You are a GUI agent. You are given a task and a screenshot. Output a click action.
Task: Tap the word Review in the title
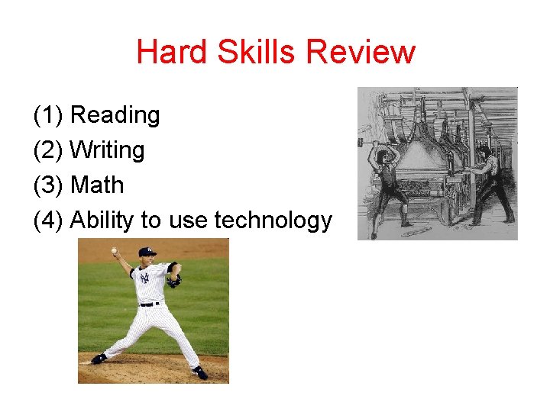coord(361,52)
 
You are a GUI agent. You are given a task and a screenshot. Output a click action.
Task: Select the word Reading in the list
coord(115,115)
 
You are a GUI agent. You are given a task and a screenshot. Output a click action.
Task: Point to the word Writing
coord(107,150)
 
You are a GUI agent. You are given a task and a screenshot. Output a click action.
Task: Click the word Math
coord(96,185)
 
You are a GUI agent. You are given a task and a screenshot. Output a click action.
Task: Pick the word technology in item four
coord(273,220)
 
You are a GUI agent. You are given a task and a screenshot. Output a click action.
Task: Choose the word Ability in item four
coord(104,220)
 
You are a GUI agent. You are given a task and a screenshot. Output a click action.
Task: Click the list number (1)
coord(48,115)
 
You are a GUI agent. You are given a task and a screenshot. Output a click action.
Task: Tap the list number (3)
coord(48,185)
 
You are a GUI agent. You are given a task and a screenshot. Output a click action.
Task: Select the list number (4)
coord(48,220)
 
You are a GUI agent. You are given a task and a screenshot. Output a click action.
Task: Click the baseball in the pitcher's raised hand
coord(114,250)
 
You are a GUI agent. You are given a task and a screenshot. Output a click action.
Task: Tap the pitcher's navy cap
coord(147,251)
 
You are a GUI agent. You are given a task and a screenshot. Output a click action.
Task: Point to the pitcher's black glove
coord(175,280)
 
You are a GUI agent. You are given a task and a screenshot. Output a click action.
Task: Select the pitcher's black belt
coord(150,304)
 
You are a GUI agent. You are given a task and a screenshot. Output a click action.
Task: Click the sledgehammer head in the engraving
coord(361,142)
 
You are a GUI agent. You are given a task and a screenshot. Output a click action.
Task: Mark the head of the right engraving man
coord(484,143)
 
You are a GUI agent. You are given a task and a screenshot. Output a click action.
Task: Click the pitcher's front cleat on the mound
coord(199,372)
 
